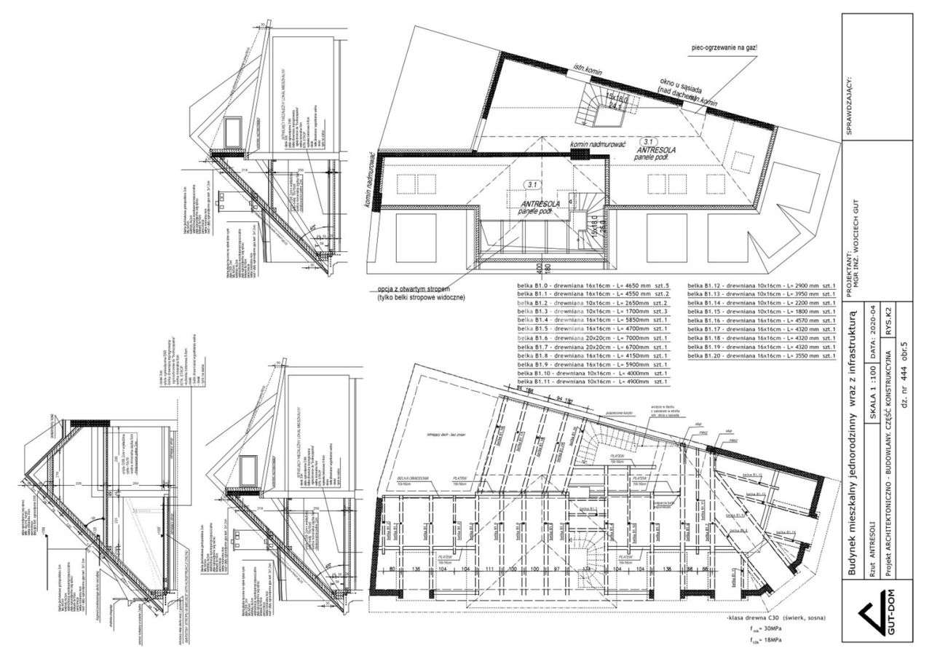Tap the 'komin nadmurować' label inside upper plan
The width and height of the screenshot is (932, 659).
coord(599,145)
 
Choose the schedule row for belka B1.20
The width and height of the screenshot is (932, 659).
coord(761,358)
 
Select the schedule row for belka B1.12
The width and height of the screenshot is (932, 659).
coord(761,285)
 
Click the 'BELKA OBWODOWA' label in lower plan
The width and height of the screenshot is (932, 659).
coord(413,480)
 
